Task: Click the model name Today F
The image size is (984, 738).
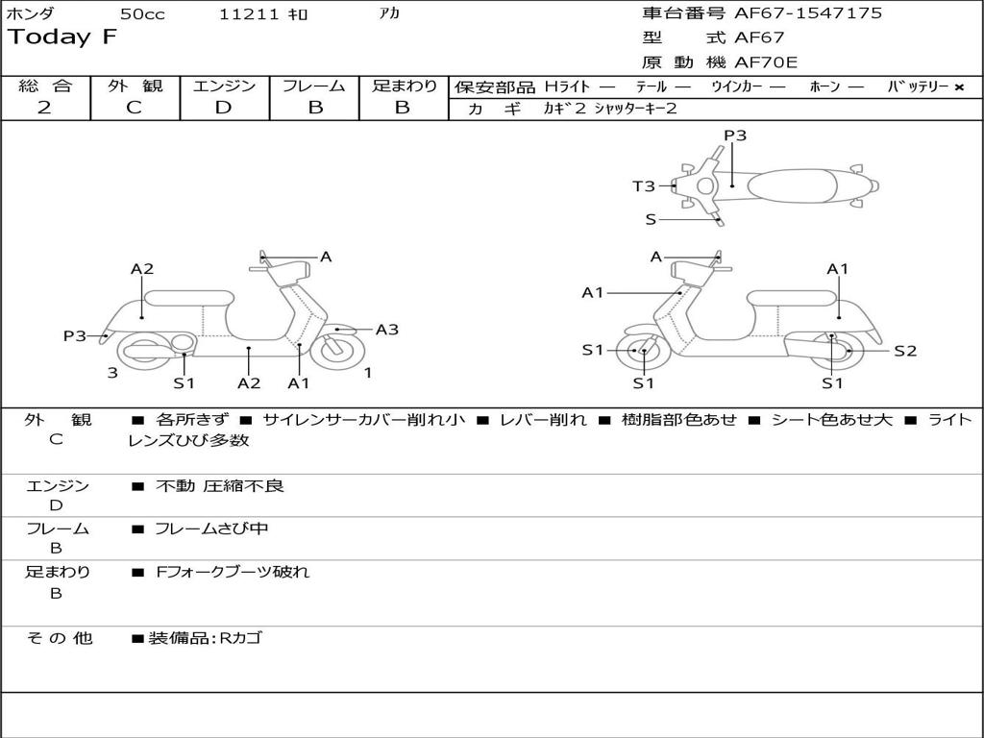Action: click(x=62, y=37)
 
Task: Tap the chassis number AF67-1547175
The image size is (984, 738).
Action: click(x=808, y=12)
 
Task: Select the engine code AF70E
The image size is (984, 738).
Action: click(x=766, y=62)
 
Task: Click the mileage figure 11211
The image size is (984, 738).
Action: click(x=249, y=13)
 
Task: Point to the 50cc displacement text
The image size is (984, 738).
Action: click(x=142, y=13)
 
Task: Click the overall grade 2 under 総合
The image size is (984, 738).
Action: click(x=44, y=108)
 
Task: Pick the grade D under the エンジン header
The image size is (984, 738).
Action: click(x=223, y=108)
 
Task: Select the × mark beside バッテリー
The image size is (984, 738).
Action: click(x=959, y=87)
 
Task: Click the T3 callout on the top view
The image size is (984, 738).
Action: click(x=643, y=185)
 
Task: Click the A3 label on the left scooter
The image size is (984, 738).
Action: click(x=386, y=330)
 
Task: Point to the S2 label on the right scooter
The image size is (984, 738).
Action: click(x=905, y=351)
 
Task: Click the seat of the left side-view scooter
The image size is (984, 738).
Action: click(x=189, y=298)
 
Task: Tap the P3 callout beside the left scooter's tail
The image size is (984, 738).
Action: click(x=75, y=335)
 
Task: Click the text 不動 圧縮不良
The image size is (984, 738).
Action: click(x=220, y=485)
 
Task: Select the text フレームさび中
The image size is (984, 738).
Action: click(x=211, y=529)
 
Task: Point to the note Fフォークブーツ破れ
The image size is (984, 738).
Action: click(x=233, y=572)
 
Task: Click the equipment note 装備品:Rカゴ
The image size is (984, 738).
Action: click(x=205, y=638)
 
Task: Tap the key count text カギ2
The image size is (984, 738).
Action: click(x=564, y=109)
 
